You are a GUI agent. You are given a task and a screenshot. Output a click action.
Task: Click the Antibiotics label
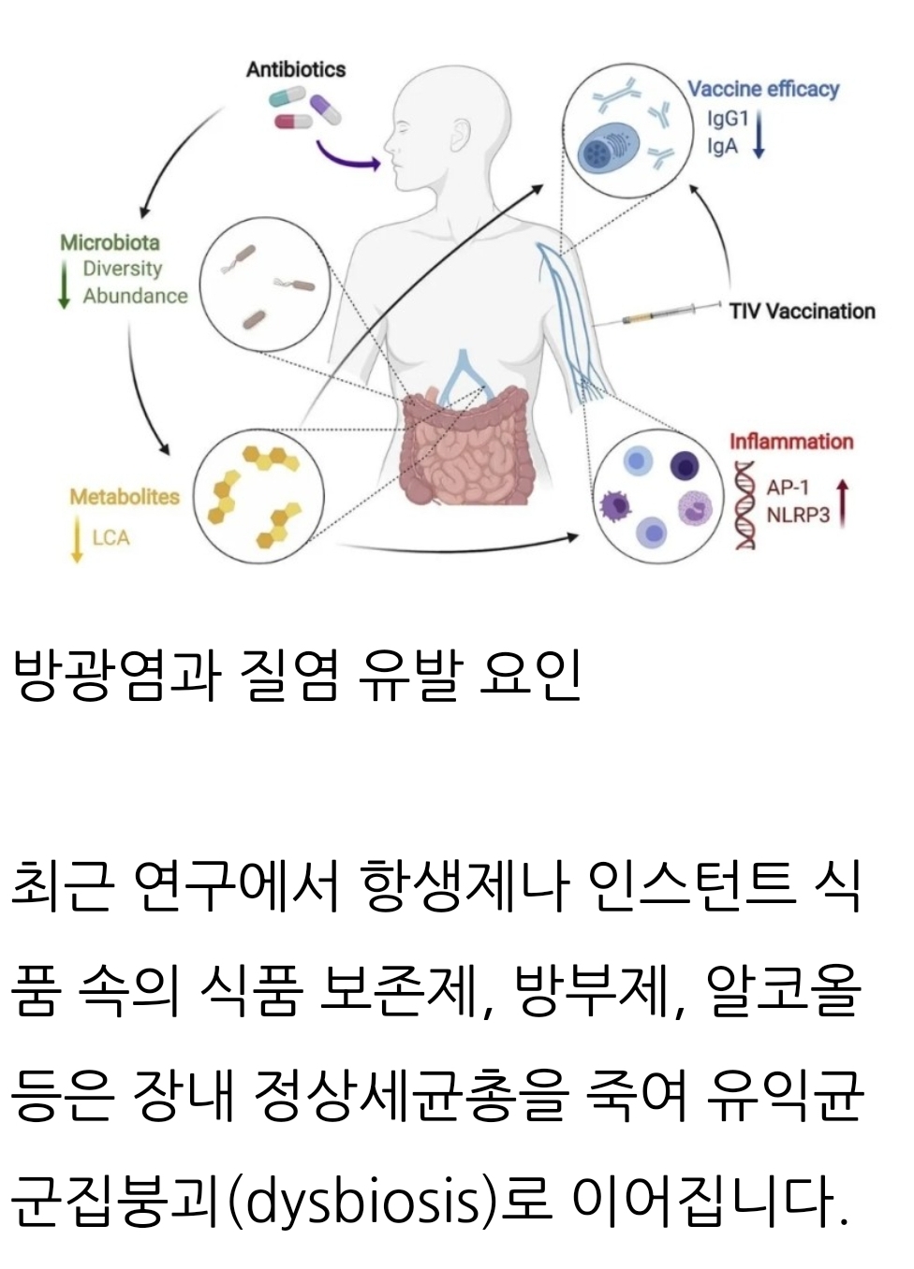pyautogui.click(x=295, y=69)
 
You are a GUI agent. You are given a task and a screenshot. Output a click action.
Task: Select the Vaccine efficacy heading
pyautogui.click(x=763, y=89)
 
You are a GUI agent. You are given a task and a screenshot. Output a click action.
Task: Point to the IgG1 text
pyautogui.click(x=728, y=119)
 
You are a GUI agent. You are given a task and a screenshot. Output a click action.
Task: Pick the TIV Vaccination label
pyautogui.click(x=803, y=311)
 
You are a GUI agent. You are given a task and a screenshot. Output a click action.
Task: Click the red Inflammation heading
pyautogui.click(x=791, y=441)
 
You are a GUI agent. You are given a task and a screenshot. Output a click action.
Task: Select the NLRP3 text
pyautogui.click(x=798, y=515)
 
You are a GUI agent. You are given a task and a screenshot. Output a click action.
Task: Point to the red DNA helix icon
pyautogui.click(x=745, y=505)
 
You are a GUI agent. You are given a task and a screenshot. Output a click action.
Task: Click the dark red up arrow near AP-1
pyautogui.click(x=843, y=502)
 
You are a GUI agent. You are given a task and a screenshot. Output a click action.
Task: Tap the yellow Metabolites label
pyautogui.click(x=125, y=496)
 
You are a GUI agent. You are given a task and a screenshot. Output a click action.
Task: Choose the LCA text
pyautogui.click(x=111, y=537)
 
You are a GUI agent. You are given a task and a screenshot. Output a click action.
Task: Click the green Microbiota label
pyautogui.click(x=110, y=242)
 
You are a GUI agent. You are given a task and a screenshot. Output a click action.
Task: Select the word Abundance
pyautogui.click(x=135, y=296)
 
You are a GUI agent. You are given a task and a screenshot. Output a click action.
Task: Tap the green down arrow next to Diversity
pyautogui.click(x=65, y=283)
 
